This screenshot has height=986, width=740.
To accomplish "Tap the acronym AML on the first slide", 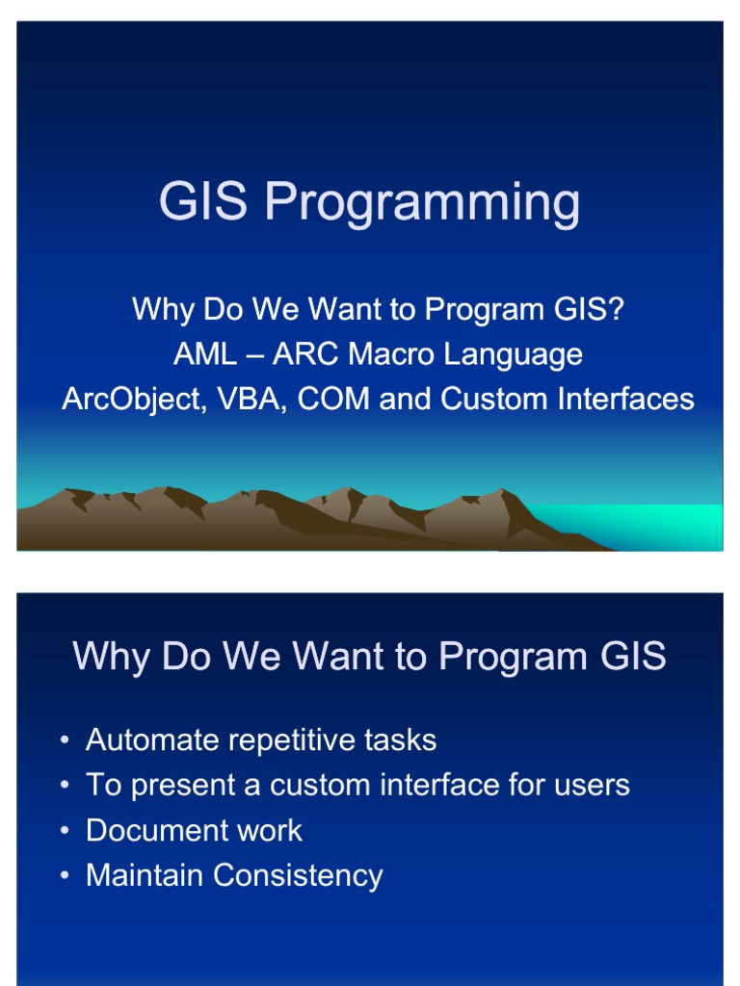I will click(x=204, y=354).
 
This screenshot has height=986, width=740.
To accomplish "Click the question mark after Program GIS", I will click(x=617, y=309).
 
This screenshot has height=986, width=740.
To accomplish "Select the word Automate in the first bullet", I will click(x=141, y=740).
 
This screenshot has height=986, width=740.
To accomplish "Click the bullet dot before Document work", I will click(x=65, y=831).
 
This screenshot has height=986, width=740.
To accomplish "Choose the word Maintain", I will click(x=145, y=875).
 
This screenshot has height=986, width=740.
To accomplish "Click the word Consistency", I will click(x=298, y=876).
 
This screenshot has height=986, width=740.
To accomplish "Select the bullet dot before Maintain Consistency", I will click(x=65, y=876).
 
